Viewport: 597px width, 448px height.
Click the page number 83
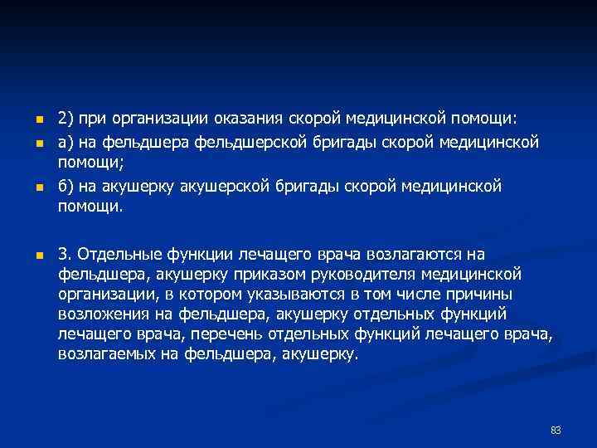pyautogui.click(x=556, y=431)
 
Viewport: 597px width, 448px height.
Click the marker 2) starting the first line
pyautogui.click(x=66, y=119)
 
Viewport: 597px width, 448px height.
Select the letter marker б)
pyautogui.click(x=66, y=187)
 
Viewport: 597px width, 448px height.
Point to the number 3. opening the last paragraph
pyautogui.click(x=65, y=254)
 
